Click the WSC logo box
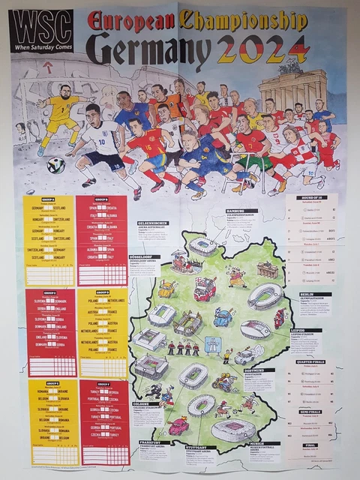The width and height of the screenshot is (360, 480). click(x=40, y=31)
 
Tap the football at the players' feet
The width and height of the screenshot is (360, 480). click(x=56, y=164)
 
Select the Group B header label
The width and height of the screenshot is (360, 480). click(x=101, y=199)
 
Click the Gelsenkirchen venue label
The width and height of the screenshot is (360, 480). click(x=151, y=223)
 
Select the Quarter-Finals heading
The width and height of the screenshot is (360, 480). click(x=310, y=362)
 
